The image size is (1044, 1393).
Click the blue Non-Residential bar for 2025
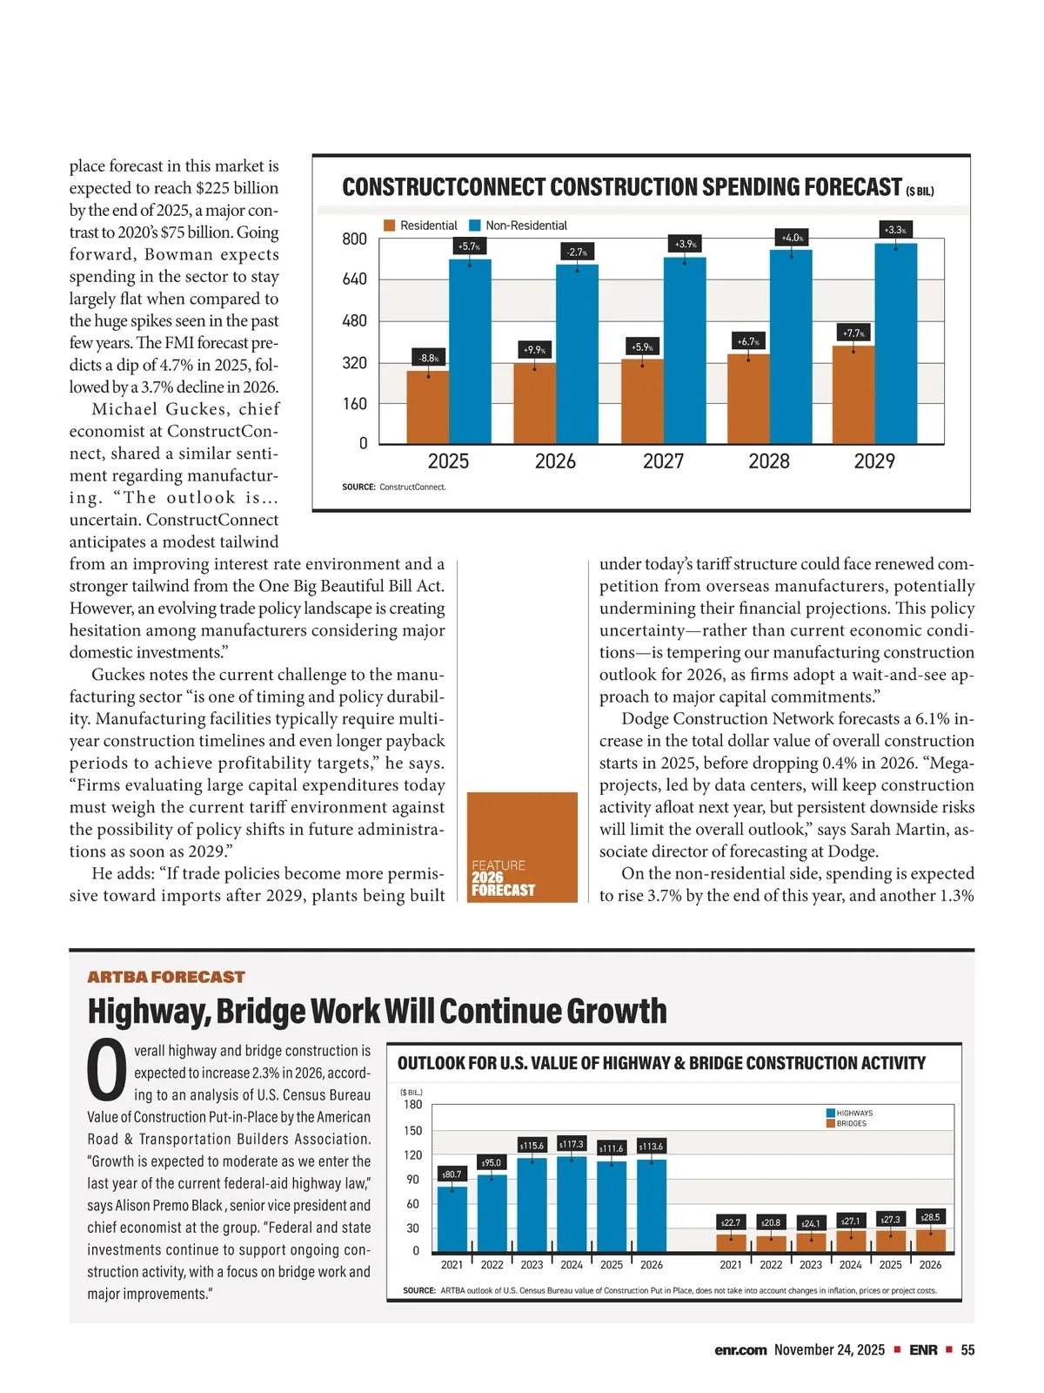tap(470, 352)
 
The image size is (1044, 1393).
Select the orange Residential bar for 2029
tap(853, 394)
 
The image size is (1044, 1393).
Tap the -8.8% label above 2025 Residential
tap(428, 358)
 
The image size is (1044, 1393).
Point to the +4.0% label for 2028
tap(792, 238)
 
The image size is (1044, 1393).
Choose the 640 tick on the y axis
tap(355, 279)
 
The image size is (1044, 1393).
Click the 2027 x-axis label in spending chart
tap(663, 461)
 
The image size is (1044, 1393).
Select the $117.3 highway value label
tap(572, 1144)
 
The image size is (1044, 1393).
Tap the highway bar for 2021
tap(452, 1219)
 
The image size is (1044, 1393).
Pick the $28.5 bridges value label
tap(930, 1217)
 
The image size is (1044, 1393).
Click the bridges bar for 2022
tap(771, 1243)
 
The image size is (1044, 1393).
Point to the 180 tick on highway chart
tap(412, 1105)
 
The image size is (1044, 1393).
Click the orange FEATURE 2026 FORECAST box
tap(522, 846)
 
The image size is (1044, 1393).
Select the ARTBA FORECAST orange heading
tap(166, 977)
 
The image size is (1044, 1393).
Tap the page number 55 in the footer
tap(967, 1350)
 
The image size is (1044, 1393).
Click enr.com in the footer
tap(740, 1350)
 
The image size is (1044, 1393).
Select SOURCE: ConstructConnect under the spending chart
tap(394, 487)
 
